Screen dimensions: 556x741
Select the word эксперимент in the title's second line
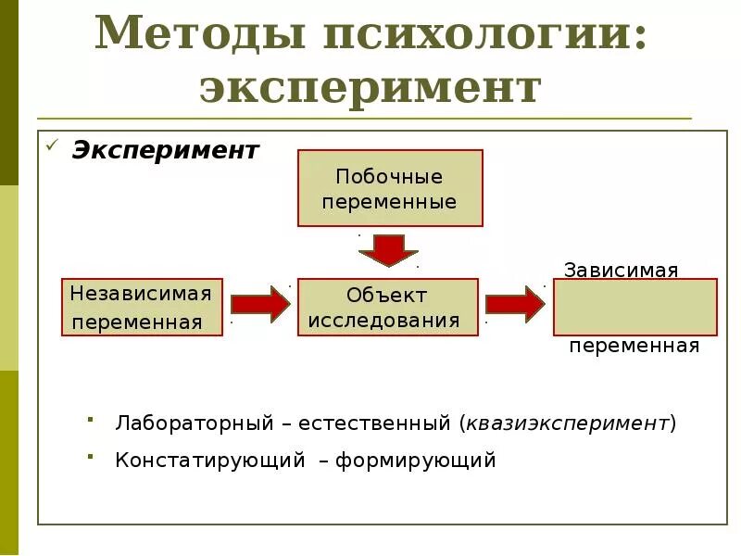point(370,88)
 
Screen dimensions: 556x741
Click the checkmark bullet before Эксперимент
point(54,146)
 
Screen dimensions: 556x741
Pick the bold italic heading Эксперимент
point(166,150)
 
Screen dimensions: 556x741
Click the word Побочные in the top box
point(389,176)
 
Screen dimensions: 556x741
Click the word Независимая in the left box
point(141,294)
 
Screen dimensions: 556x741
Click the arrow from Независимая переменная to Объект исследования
point(260,304)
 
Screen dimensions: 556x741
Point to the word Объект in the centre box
point(387,295)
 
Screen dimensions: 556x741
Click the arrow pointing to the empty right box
point(515,304)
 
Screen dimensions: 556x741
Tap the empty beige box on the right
point(635,307)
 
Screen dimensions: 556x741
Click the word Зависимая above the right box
point(622,270)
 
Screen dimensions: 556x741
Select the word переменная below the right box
point(634,347)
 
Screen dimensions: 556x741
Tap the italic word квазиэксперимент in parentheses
point(568,423)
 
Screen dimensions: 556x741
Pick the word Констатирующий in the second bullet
point(210,460)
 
